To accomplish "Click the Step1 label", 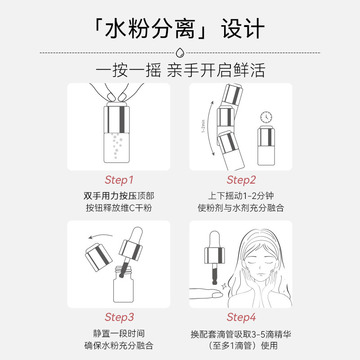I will (x=119, y=180).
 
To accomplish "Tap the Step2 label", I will (x=241, y=180).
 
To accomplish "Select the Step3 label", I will (x=119, y=317).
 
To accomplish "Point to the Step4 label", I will (x=241, y=317).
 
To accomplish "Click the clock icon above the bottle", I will (x=266, y=117).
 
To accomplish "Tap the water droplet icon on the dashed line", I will (x=180, y=52).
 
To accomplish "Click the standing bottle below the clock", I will (x=265, y=146).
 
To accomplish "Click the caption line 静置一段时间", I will (x=119, y=334).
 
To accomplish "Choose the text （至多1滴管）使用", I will (x=241, y=346).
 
